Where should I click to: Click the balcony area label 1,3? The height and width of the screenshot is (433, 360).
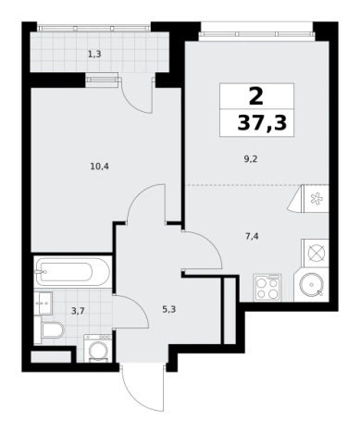point(94,55)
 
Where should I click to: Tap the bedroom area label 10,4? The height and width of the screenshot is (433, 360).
point(100,167)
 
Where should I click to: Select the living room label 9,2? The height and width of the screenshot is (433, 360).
point(251,159)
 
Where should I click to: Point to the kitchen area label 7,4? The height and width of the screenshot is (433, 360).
point(252,237)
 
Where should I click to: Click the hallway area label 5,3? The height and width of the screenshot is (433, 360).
point(169,309)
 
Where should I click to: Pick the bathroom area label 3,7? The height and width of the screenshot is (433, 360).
point(78,311)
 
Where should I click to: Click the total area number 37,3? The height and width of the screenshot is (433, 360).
point(262,123)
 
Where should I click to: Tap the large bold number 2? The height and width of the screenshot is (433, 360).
point(256,96)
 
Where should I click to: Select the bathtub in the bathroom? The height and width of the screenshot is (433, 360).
point(72,272)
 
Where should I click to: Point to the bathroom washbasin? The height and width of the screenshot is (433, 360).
point(43,303)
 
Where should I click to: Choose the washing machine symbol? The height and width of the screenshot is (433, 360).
point(98,348)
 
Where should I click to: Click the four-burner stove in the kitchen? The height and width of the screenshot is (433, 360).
point(267,288)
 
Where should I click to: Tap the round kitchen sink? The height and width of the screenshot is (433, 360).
point(312,285)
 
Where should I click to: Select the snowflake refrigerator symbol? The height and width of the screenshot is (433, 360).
point(316,199)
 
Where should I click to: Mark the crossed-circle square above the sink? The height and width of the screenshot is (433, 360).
point(317,254)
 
